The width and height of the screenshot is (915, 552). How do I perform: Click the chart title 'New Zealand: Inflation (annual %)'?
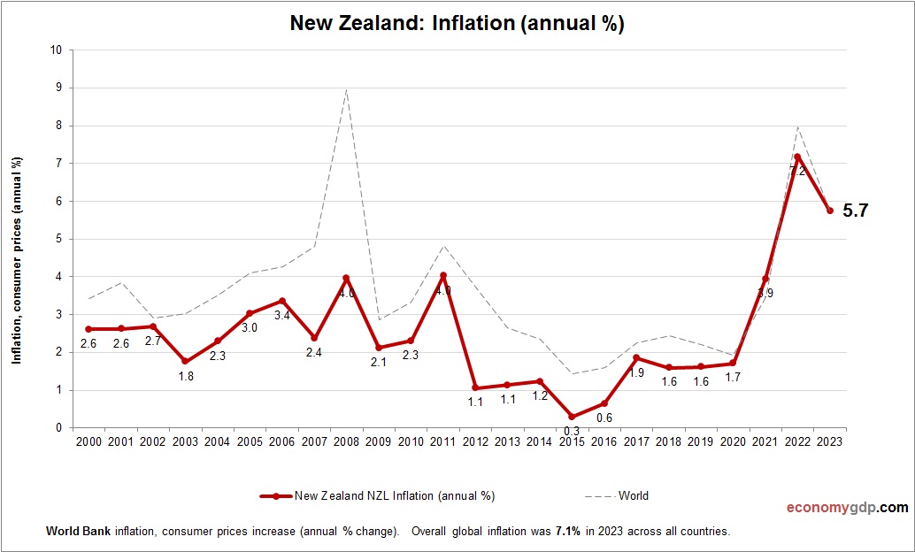point(457,24)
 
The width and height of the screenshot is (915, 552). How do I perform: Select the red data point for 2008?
point(346,278)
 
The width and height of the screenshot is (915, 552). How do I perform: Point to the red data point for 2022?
point(797,157)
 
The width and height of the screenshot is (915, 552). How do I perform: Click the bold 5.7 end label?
point(856,211)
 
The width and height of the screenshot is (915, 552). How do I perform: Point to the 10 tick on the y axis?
point(56,50)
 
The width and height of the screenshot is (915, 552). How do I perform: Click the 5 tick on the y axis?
point(58,239)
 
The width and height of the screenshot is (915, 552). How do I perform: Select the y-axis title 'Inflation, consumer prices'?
point(17,259)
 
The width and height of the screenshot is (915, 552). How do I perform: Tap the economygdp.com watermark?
point(847,508)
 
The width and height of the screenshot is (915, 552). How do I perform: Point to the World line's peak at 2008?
point(346,89)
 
